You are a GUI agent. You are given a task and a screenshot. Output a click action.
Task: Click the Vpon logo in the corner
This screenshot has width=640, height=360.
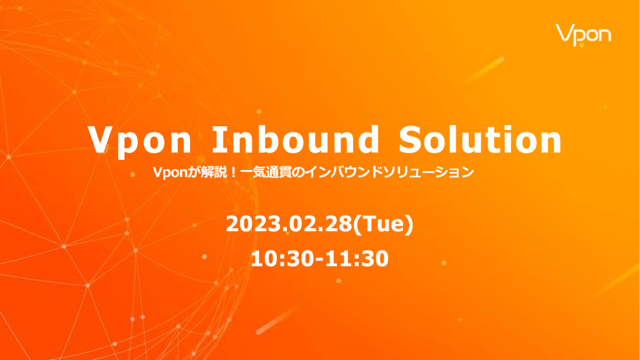[583, 35]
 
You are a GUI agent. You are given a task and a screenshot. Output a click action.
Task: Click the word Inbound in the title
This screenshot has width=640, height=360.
[296, 139]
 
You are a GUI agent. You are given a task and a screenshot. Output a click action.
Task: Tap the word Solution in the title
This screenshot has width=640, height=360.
[481, 139]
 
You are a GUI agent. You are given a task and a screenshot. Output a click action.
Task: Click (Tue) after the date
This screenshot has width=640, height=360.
[383, 225]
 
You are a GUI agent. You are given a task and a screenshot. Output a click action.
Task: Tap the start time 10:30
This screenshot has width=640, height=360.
[282, 259]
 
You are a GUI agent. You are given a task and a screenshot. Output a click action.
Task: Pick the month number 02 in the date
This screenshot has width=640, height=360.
[302, 224]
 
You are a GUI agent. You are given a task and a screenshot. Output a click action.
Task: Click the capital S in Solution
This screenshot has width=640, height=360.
[412, 139]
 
